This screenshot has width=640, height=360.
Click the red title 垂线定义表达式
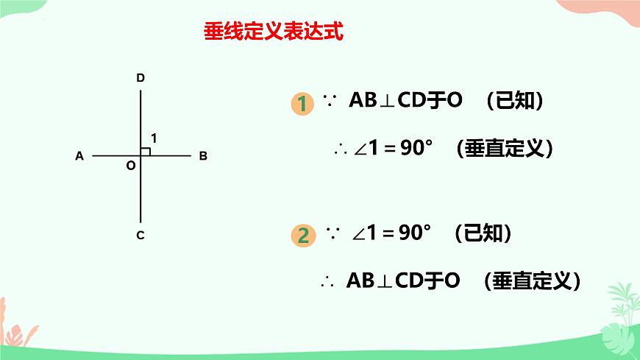coord(272,33)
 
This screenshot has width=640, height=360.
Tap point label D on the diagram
coord(140,77)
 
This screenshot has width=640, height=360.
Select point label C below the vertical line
coord(140,236)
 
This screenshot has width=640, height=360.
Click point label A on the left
coord(79,156)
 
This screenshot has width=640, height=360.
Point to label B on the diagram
coord(203,156)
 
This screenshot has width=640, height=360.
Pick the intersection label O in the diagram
coord(130,166)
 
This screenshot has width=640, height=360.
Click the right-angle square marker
coord(145,151)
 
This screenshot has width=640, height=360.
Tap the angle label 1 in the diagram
coord(154,138)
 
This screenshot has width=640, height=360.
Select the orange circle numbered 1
coord(301,103)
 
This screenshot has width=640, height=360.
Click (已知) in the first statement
coord(516,101)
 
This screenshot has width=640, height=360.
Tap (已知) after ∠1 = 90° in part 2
coord(483,234)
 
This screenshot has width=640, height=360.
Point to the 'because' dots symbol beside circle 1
coord(330,102)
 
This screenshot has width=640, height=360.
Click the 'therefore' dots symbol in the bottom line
coord(328,281)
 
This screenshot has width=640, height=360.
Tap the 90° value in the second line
coord(416,148)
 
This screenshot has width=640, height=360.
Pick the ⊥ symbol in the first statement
coord(387,102)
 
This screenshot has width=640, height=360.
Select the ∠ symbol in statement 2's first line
coord(359,235)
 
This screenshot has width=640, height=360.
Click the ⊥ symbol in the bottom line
coord(385,281)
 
